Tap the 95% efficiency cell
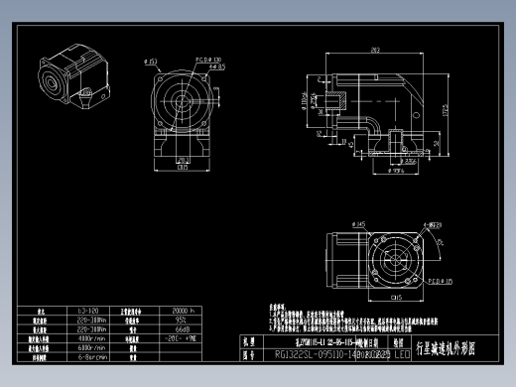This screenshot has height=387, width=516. tap(182, 320)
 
